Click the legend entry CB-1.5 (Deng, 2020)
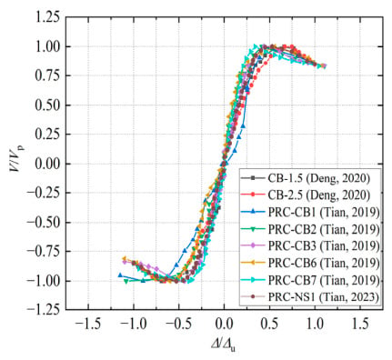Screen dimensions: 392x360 [x=319, y=178]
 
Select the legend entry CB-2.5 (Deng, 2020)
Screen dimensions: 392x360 [x=319, y=195]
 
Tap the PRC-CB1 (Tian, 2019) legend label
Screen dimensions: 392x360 [x=324, y=213]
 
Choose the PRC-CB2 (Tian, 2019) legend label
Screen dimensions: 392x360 [x=324, y=229]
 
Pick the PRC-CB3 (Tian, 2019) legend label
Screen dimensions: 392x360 [x=324, y=246]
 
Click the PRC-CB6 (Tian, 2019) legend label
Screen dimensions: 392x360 [x=324, y=264]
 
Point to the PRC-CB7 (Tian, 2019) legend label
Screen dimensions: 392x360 [x=324, y=281]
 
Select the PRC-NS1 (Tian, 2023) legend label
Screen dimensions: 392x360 [x=324, y=297]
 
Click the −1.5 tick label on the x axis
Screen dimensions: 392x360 [x=88, y=325]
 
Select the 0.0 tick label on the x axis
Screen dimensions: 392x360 [x=224, y=325]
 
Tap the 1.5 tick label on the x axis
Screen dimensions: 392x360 [x=360, y=325]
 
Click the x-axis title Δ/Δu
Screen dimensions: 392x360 [x=224, y=345]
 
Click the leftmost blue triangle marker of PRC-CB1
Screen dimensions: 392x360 [x=120, y=275]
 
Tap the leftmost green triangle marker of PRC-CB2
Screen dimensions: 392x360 [x=126, y=281]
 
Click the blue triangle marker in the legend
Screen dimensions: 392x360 [x=254, y=213]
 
